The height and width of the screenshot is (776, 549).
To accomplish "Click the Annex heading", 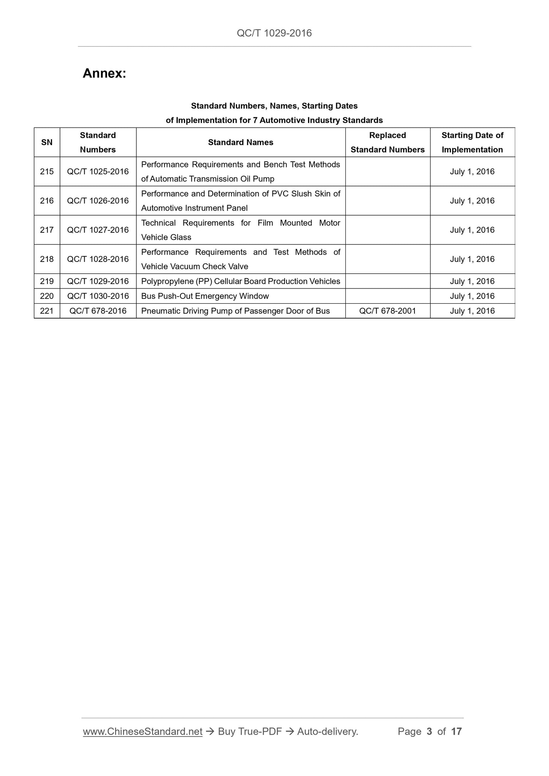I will (x=104, y=73).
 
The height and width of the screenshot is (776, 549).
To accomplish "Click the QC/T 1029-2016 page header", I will (x=274, y=33).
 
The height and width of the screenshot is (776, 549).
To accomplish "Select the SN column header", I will (x=47, y=142).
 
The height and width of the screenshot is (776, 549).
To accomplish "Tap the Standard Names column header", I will (x=240, y=142).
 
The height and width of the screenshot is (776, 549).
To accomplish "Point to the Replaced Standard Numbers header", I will (x=388, y=142).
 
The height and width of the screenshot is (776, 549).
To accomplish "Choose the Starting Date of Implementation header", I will (x=472, y=142).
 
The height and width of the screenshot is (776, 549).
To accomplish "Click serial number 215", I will (x=47, y=172).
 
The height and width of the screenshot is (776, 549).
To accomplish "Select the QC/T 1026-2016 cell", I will (x=98, y=201).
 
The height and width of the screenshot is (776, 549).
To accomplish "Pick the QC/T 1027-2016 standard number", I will (x=98, y=230).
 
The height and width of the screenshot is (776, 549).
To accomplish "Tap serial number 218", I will (x=47, y=259).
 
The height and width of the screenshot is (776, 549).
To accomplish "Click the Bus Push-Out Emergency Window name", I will (x=205, y=296).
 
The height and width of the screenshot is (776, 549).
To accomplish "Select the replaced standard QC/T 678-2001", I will (x=388, y=311).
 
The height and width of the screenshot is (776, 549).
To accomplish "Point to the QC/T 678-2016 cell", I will (x=98, y=311).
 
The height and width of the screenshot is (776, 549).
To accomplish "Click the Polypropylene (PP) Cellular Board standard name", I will (x=240, y=281).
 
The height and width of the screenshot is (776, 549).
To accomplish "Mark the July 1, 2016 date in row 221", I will (x=472, y=311).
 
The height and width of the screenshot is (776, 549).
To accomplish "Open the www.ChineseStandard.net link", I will (x=142, y=732).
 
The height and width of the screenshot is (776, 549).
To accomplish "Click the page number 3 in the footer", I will (x=429, y=732).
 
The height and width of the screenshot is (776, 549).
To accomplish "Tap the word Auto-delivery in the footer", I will (x=328, y=732).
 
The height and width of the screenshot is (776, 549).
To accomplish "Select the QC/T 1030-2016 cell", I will (x=98, y=296).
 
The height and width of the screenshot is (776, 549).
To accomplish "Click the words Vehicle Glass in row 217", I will (x=166, y=237).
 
